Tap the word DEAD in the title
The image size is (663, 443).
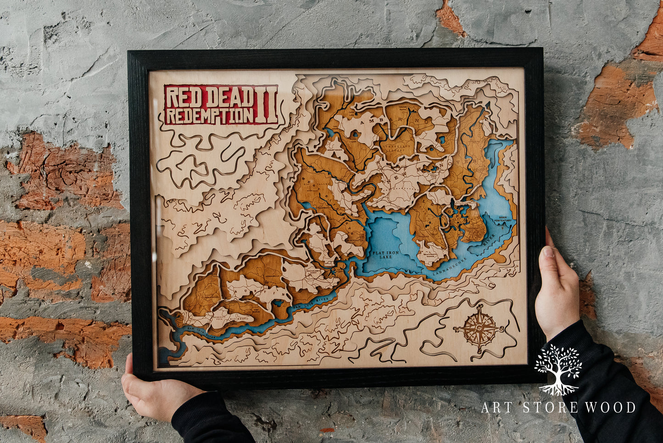click(x=229, y=97)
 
